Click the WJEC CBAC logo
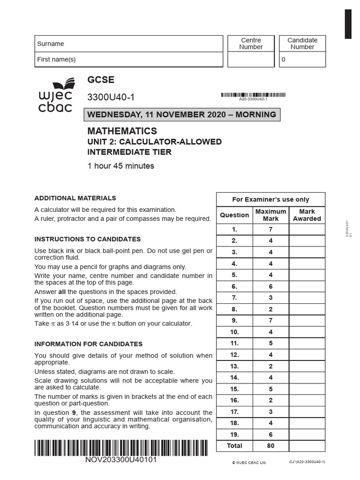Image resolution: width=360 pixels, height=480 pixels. coord(55,96)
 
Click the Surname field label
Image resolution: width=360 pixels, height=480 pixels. coord(51,44)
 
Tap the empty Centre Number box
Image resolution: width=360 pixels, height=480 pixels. coord(251,60)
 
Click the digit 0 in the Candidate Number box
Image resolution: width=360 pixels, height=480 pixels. coord(283,60)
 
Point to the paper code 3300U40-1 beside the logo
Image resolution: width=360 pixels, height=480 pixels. coord(111,97)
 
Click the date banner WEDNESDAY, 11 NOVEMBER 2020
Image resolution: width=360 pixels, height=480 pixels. coord(182,115)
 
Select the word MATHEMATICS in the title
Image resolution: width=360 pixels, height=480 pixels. coord(122,131)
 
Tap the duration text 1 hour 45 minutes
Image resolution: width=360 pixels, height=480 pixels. coord(120,165)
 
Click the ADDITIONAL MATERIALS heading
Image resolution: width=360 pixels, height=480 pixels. coord(75,198)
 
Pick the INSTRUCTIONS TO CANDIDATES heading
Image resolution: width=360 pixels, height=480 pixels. coord(88,239)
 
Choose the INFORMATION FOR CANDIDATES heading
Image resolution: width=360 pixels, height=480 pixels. coord(89,344)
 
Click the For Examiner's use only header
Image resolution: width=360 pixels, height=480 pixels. coord(270,199)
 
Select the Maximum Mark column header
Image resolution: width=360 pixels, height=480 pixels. coord(270,215)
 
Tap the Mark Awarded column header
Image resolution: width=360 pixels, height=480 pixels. coord(307,215)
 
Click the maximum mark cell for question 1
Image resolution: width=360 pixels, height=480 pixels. coord(270,230)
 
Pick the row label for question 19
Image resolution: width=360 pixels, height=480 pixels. coord(234,435)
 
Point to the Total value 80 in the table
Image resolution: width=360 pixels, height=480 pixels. coord(270,446)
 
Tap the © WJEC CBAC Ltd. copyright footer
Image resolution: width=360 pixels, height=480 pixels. coord(249,463)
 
